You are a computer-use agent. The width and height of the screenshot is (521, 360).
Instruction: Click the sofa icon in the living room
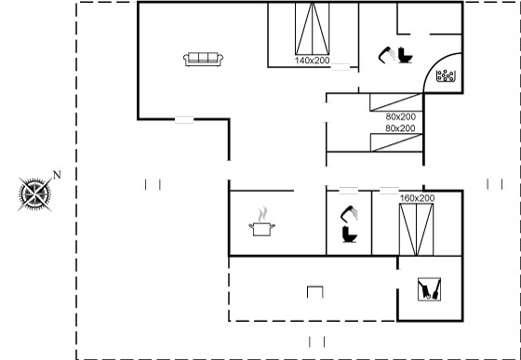pos(203,60)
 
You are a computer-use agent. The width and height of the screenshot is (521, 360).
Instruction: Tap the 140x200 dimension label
pos(312,60)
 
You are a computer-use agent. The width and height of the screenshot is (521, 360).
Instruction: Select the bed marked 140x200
pos(313,29)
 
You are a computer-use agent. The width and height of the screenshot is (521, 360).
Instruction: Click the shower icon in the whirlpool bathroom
pos(387,55)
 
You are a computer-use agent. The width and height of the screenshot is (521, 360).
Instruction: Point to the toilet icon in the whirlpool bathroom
pos(405,55)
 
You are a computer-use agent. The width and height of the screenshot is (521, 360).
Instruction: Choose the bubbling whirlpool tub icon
pos(446,75)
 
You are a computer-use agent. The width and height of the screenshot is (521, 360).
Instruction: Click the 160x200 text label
pos(417,198)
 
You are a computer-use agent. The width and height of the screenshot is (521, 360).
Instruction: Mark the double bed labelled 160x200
pos(417,230)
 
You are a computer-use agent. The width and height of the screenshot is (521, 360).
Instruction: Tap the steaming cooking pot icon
pos(261,221)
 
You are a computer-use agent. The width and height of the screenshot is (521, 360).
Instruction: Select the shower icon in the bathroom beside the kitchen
pos(349,214)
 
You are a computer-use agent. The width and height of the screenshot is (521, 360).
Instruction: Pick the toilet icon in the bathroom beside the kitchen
pos(350,234)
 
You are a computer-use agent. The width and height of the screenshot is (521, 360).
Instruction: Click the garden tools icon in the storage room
pos(429,289)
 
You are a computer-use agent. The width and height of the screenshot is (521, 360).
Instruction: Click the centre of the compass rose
pos(35,194)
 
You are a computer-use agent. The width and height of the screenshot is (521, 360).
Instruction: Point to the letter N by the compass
pos(57,175)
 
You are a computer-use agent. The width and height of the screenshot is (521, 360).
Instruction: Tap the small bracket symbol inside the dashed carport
pos(315,291)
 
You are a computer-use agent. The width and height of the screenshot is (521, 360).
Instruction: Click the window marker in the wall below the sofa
pos(184,120)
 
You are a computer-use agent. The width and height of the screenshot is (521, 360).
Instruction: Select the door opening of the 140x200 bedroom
pos(341,67)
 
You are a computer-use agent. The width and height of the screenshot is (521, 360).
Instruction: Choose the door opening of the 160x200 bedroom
pos(389,191)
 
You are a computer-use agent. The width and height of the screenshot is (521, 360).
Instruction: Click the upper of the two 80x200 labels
pos(401,116)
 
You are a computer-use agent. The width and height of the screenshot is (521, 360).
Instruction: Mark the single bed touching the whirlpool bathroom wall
pos(396,102)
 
